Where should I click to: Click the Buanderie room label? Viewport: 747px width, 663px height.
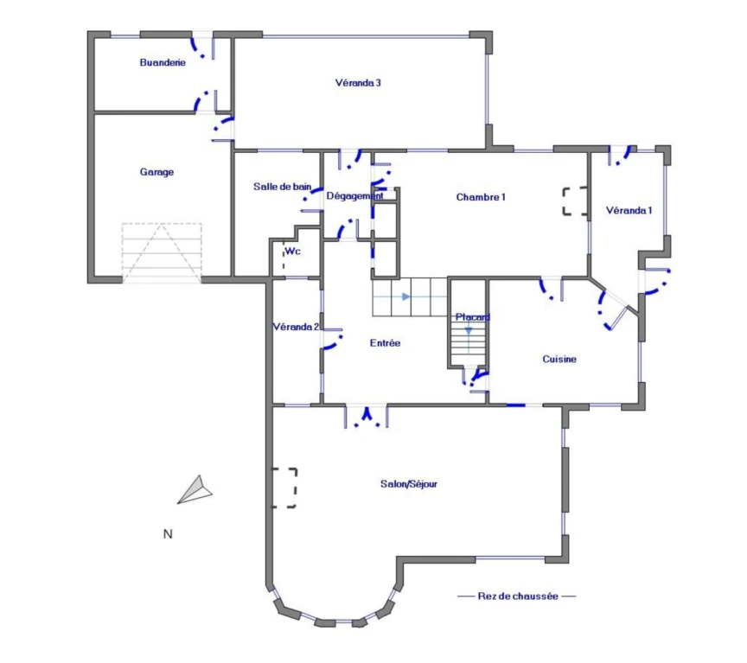pos(163,62)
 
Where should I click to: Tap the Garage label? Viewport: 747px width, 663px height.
pos(156,172)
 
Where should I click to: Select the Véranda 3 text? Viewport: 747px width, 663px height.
pos(358,83)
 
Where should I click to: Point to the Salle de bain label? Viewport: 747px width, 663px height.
pos(282,187)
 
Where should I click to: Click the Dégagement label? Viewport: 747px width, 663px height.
pos(355,195)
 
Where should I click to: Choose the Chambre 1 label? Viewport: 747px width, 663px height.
pos(481,197)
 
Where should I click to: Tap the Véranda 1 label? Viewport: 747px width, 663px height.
pos(629,211)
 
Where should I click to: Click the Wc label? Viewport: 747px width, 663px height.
pos(292,251)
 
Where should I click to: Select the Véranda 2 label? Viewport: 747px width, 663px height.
pos(296,327)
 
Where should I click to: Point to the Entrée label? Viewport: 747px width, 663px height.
pos(385,343)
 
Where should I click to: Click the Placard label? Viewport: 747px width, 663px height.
pos(473,317)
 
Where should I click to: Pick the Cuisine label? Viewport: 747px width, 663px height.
pos(559,359)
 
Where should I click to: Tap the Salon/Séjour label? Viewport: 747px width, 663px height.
pos(409,484)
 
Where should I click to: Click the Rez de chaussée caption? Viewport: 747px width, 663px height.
pos(518,596)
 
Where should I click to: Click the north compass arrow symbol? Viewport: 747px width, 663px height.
pos(195,489)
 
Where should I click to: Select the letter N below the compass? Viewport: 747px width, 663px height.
pos(168,534)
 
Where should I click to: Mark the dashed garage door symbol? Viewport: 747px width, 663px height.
pos(162,253)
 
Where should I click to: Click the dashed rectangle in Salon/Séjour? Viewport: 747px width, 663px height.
pos(284,488)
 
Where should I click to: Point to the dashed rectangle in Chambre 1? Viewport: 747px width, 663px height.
pos(575,201)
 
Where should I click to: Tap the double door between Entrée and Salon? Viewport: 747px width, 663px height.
pos(367,416)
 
